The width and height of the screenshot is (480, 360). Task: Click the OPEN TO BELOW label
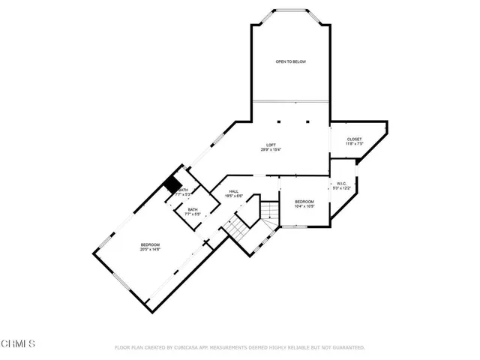(x=290, y=61)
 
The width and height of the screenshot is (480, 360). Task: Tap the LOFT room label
(x=271, y=145)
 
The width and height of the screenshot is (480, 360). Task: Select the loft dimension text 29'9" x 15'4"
(x=271, y=150)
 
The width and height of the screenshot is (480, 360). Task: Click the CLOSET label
(x=354, y=139)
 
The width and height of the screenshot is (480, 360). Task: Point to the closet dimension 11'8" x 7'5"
(x=354, y=145)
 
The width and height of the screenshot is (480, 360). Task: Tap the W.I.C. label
(x=341, y=183)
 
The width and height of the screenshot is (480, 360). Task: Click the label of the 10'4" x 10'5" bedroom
(x=304, y=201)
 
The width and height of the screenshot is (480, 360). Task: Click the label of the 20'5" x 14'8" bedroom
(x=150, y=244)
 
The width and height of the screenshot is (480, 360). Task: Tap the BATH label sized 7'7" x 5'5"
(x=193, y=210)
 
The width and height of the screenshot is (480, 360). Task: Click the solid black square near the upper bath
(x=173, y=184)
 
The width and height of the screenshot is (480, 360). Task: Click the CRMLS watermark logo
(x=18, y=344)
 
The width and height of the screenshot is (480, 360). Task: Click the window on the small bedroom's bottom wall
(x=303, y=225)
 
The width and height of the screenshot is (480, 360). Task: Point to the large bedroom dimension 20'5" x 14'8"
(x=150, y=250)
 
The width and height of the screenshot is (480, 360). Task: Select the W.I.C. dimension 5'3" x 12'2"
(x=341, y=188)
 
